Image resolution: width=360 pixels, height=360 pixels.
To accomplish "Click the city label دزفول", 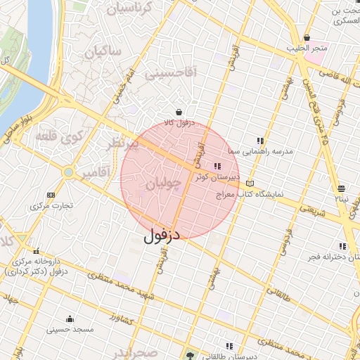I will pyautogui.click(x=162, y=236).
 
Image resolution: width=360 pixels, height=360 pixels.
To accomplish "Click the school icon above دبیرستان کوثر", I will pyautogui.click(x=217, y=167).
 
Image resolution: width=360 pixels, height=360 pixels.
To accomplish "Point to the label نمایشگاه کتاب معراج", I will pyautogui.click(x=249, y=193).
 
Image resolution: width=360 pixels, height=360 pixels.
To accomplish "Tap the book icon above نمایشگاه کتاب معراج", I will pyautogui.click(x=250, y=184).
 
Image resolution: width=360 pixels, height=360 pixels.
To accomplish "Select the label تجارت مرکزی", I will pyautogui.click(x=51, y=206).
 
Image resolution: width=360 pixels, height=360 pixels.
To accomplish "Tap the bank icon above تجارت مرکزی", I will pyautogui.click(x=50, y=195).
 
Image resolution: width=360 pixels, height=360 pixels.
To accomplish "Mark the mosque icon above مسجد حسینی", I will pyautogui.click(x=69, y=319).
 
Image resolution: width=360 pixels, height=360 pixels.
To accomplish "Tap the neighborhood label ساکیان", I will pyautogui.click(x=103, y=52).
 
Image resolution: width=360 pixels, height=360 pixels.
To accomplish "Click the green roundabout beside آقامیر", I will pyautogui.click(x=68, y=172).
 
